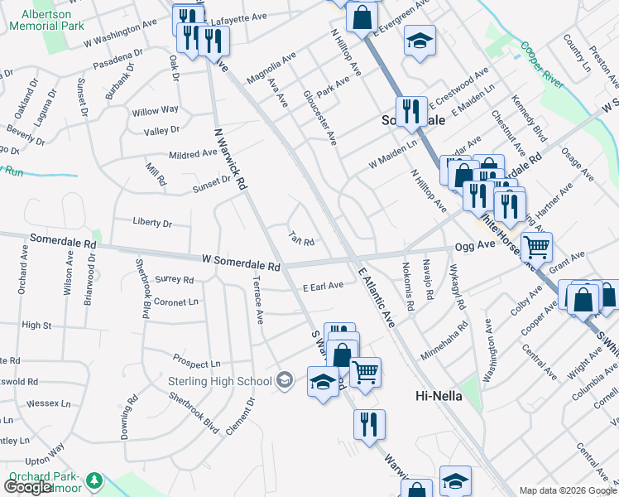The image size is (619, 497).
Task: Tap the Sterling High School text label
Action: pos(220,380)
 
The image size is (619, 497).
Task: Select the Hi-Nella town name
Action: pos(438,397)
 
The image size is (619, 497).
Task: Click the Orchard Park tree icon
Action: pos(95,480)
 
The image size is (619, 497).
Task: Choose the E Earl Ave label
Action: pos(323,287)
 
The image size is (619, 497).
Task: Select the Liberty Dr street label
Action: pos(151,223)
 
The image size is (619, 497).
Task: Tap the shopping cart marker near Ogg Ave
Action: pos(536,246)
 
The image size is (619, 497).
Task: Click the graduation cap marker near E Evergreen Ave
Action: pos(420,40)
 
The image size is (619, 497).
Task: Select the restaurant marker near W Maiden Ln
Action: pos(410,110)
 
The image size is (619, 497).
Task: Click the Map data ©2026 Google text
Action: pos(568,490)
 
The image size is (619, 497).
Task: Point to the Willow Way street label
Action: pos(155,110)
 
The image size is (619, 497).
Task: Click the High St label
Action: pos(36,326)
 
